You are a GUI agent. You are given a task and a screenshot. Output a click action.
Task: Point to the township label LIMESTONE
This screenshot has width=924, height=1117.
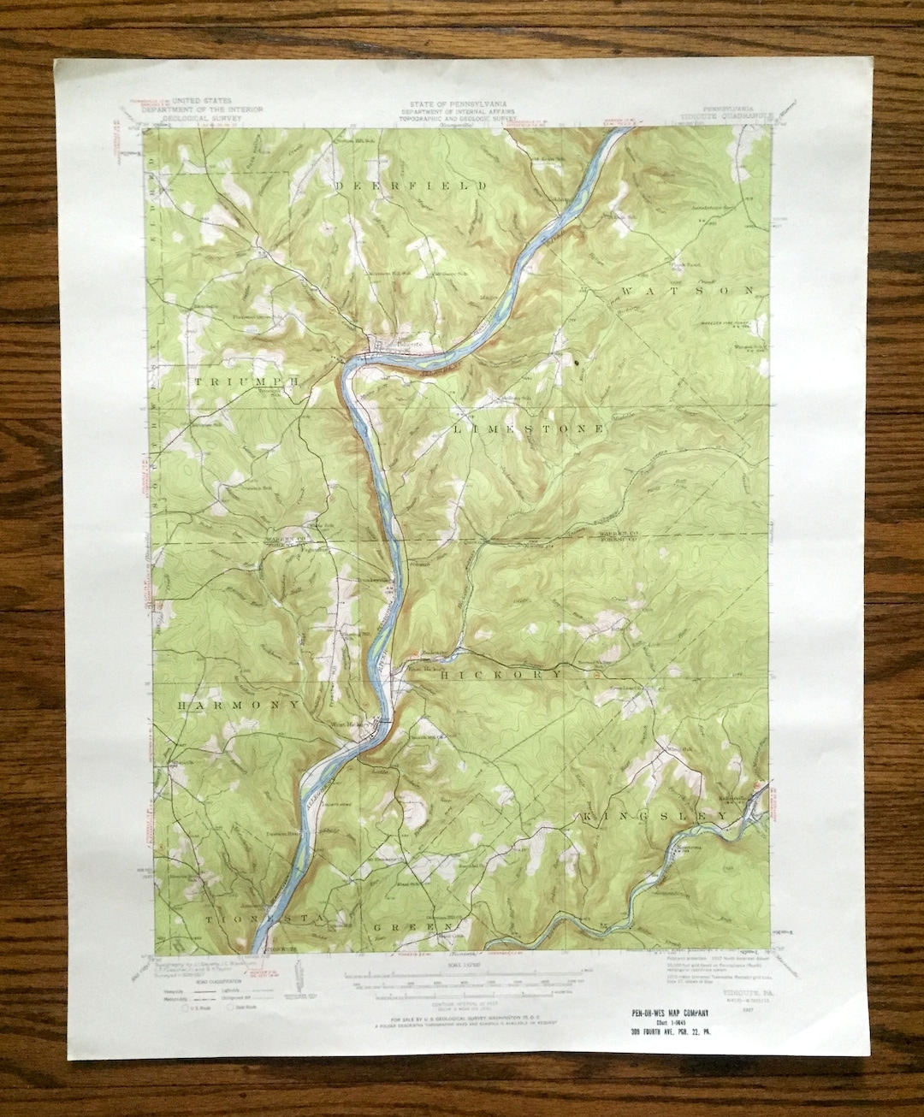coord(529,427)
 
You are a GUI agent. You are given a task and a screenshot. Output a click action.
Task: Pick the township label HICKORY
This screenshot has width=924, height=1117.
coord(502,675)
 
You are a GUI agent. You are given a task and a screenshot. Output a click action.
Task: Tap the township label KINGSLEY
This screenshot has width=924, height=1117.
coord(655,818)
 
